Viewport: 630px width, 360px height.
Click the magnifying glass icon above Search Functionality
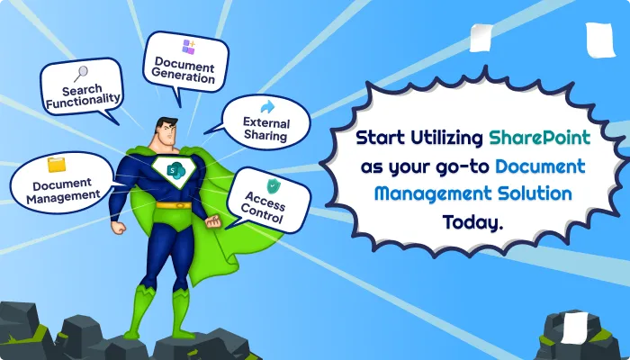click(x=80, y=74)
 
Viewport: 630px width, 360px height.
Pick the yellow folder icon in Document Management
click(x=57, y=164)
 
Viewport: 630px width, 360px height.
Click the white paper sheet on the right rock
click(x=576, y=323)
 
